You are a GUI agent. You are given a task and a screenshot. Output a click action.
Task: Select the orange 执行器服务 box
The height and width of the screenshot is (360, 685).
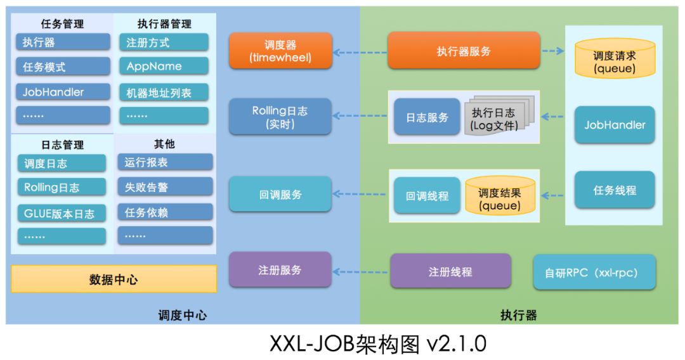[464, 51]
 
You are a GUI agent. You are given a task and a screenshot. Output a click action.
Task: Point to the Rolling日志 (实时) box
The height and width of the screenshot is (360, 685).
[280, 117]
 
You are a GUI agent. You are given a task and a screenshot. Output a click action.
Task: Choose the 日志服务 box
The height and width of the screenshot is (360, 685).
[427, 117]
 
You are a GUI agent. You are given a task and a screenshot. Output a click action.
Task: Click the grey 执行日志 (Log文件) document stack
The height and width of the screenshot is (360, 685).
[498, 118]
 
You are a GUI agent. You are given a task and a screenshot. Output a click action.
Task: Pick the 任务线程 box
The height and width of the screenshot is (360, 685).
[615, 190]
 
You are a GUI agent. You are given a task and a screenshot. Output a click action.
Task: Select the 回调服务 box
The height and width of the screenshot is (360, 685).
[280, 195]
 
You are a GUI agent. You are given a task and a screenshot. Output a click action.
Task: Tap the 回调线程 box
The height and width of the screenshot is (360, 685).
[427, 196]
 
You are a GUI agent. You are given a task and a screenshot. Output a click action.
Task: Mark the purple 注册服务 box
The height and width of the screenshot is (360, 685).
[280, 270]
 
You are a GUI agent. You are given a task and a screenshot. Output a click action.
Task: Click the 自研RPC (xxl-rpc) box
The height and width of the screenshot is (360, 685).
[594, 273]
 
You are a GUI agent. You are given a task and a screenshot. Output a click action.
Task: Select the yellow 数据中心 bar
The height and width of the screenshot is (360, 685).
[114, 279]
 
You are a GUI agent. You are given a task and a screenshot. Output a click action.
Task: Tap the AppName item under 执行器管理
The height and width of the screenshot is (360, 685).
[163, 66]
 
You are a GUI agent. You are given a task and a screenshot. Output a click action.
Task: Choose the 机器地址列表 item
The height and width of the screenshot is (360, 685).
[163, 93]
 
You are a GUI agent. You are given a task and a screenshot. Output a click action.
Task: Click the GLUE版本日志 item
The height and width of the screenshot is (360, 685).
[62, 214]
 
